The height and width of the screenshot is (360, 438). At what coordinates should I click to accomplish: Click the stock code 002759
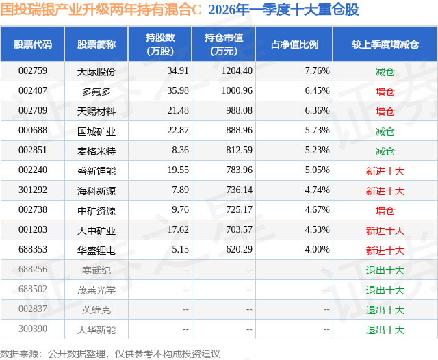pyautogui.click(x=33, y=71)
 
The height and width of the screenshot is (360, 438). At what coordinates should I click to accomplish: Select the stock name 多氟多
pyautogui.click(x=96, y=91)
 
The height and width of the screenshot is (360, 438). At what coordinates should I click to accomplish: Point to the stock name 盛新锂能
pyautogui.click(x=96, y=170)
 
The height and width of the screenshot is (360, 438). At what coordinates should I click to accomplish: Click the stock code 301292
pyautogui.click(x=33, y=190)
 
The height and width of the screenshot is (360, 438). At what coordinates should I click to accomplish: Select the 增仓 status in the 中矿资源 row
pyautogui.click(x=385, y=211)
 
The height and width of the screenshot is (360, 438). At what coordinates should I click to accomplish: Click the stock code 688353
pyautogui.click(x=33, y=250)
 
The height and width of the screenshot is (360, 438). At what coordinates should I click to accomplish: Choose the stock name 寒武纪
pyautogui.click(x=96, y=270)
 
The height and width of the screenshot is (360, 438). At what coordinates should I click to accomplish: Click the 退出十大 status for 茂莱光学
pyautogui.click(x=385, y=290)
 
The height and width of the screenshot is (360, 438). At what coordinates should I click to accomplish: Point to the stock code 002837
pyautogui.click(x=33, y=310)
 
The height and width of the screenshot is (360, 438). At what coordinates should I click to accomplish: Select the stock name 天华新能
pyautogui.click(x=96, y=330)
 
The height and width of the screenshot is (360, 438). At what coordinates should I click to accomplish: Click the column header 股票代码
pyautogui.click(x=33, y=44)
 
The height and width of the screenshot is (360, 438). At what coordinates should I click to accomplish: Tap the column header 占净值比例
pyautogui.click(x=299, y=44)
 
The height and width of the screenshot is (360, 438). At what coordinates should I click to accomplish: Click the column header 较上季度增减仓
pyautogui.click(x=385, y=44)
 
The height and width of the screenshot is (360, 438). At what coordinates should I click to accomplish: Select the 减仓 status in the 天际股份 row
pyautogui.click(x=385, y=71)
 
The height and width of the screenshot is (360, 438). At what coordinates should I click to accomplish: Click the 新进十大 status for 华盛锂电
pyautogui.click(x=385, y=250)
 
